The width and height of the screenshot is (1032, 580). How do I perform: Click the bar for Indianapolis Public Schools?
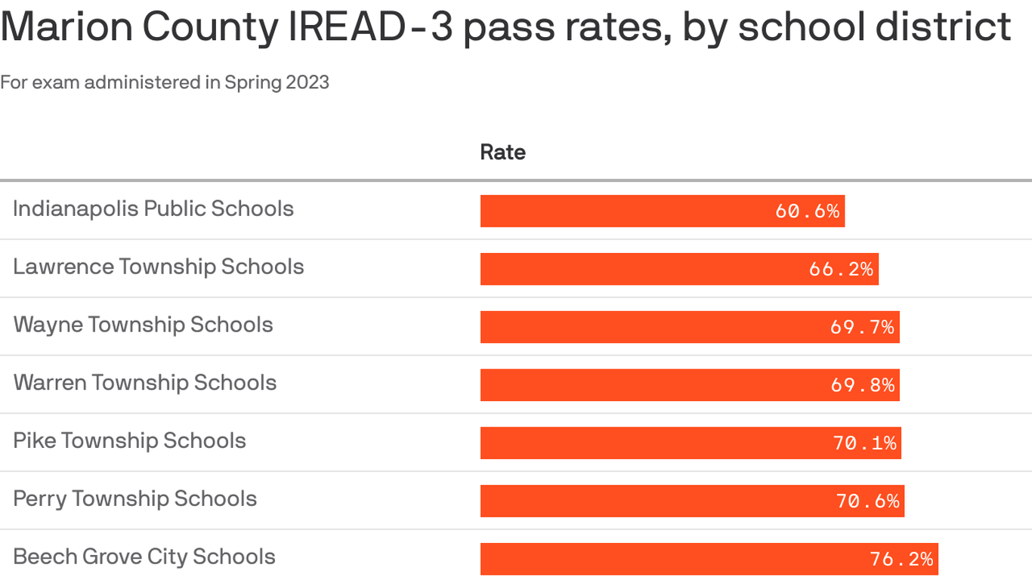(662, 211)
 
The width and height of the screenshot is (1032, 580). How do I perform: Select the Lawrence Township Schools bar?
(679, 269)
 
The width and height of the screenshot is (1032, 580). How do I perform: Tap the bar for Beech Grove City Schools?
(709, 559)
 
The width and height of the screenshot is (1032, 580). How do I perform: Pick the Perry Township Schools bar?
(692, 501)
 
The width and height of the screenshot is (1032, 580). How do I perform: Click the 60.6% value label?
(807, 211)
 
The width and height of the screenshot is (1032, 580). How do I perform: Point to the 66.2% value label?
(841, 269)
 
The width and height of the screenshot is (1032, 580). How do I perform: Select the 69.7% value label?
(862, 327)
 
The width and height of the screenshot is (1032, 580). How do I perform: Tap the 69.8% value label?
(862, 385)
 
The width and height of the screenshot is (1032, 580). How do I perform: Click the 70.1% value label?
(864, 443)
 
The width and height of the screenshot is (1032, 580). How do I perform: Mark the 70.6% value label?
(867, 501)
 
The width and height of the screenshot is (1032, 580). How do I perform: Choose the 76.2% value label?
(901, 559)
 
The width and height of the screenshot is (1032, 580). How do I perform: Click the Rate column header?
(502, 152)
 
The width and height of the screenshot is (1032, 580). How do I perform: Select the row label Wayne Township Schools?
(143, 325)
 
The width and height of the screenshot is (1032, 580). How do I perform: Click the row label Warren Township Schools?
(145, 383)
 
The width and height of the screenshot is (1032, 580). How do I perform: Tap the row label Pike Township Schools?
(129, 441)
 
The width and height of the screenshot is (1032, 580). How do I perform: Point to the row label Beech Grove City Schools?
(144, 557)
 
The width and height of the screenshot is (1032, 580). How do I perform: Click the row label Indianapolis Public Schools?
(153, 208)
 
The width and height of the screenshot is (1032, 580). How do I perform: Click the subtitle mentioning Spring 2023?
(165, 82)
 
